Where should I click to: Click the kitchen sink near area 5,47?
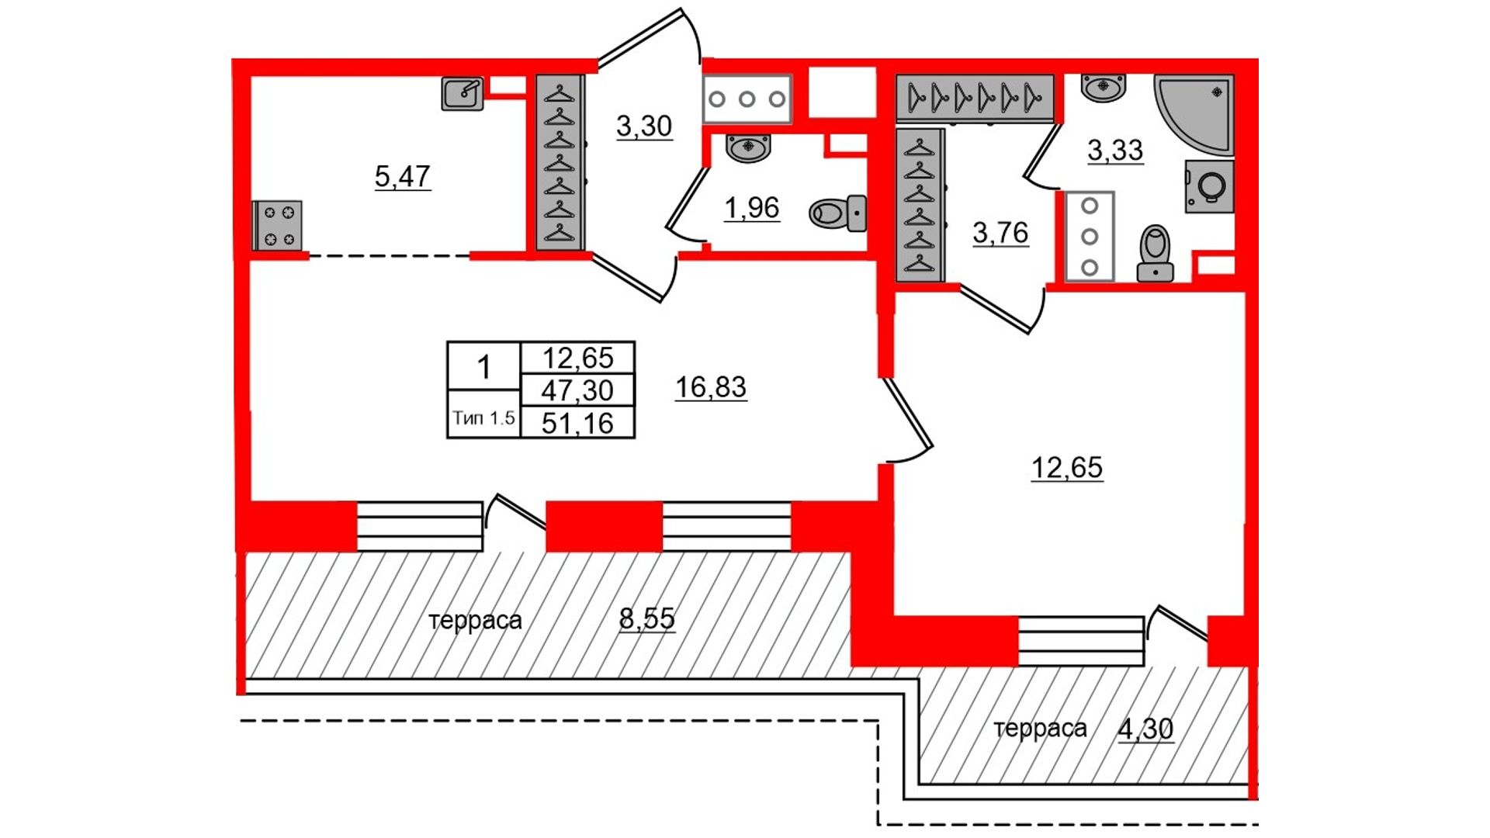[463, 94]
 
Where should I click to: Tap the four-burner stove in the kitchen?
[278, 226]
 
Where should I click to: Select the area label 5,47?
[402, 177]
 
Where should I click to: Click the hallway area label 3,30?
[644, 126]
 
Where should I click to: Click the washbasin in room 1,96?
[748, 147]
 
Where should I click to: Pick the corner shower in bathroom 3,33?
[1194, 114]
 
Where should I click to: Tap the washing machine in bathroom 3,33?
[1209, 186]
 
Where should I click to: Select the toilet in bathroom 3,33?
[1156, 253]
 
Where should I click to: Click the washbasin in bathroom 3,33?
[1104, 88]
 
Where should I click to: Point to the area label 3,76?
[1000, 233]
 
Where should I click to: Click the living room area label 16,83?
[711, 387]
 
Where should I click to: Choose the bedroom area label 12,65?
[1067, 468]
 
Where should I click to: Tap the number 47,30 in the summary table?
[577, 390]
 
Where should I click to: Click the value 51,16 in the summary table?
[577, 424]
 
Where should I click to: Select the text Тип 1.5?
[483, 418]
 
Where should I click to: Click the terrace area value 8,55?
[647, 618]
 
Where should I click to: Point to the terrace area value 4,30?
[1145, 729]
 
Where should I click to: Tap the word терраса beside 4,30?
[1040, 729]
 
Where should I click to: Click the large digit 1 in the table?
[484, 366]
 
